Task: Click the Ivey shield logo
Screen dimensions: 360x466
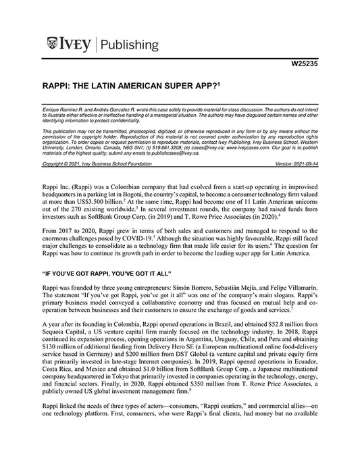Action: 53,45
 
